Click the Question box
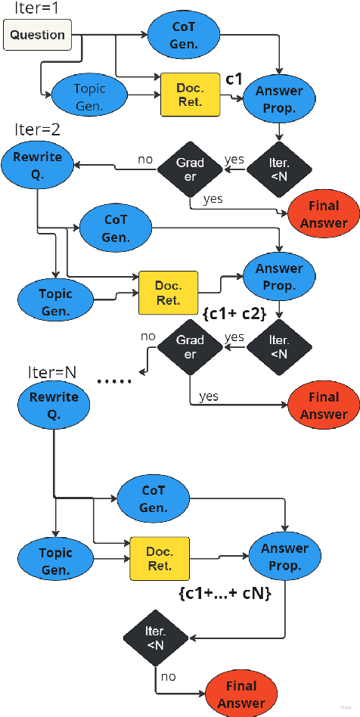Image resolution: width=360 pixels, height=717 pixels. pyautogui.click(x=38, y=35)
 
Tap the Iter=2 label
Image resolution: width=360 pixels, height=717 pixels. pyautogui.click(x=37, y=129)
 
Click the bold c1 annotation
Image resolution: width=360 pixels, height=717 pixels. pyautogui.click(x=234, y=79)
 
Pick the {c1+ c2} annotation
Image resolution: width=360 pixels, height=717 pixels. pyautogui.click(x=234, y=312)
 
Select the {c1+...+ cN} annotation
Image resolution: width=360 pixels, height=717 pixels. pyautogui.click(x=225, y=594)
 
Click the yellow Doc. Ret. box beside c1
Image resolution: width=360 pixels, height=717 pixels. pyautogui.click(x=190, y=95)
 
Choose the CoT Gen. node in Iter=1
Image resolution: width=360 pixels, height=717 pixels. pyautogui.click(x=183, y=36)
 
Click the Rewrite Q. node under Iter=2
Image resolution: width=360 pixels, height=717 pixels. pyautogui.click(x=38, y=166)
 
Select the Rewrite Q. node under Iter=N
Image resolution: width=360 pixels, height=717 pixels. pyautogui.click(x=54, y=405)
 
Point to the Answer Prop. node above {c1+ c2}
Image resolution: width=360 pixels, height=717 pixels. pyautogui.click(x=279, y=277)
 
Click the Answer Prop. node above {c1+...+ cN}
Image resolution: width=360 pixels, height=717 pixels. pyautogui.click(x=284, y=557)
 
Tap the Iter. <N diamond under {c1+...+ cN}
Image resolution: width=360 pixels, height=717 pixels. pyautogui.click(x=155, y=638)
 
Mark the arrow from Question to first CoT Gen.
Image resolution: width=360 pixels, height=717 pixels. pyautogui.click(x=113, y=34)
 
